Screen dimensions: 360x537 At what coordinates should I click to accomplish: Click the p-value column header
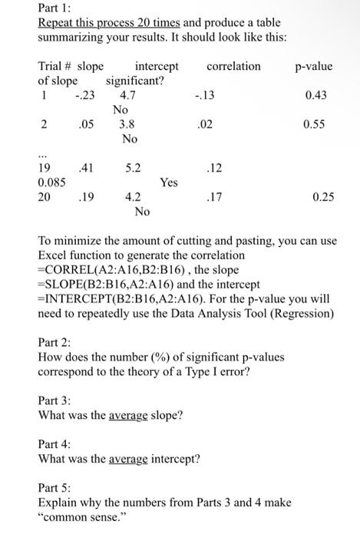click(x=313, y=67)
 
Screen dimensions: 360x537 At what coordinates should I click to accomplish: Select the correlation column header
click(x=233, y=67)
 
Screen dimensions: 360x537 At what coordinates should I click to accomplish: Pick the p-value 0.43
click(x=315, y=96)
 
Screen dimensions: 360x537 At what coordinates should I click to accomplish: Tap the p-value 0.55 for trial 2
click(x=315, y=125)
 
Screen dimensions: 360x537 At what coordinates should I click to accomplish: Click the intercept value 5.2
click(x=133, y=168)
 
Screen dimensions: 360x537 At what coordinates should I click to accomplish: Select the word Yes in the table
click(x=169, y=183)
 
